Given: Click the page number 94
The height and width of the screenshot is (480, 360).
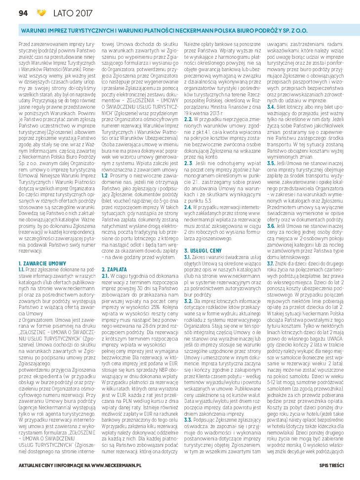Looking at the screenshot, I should [x=22, y=12].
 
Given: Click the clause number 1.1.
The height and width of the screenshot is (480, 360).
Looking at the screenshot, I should [x=21, y=270].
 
